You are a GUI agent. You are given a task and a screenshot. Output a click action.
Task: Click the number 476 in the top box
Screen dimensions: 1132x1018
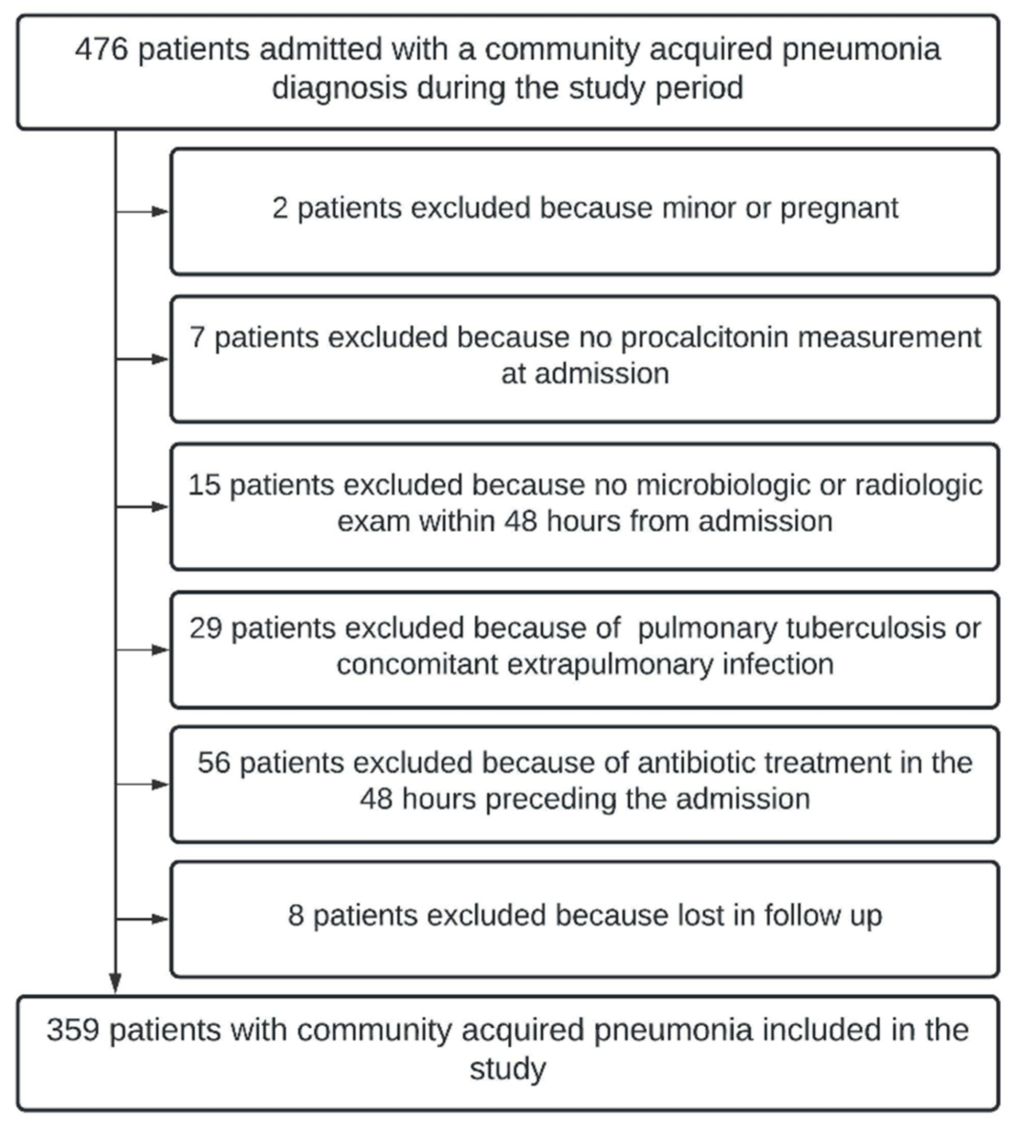pos(101,49)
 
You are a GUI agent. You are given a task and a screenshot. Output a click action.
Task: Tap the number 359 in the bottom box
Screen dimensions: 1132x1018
pos(73,1030)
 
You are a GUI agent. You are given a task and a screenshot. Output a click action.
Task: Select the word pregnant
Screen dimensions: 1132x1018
pos(839,209)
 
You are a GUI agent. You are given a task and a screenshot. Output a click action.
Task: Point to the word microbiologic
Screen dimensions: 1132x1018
pos(723,485)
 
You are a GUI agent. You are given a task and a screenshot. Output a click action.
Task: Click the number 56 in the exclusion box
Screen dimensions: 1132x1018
pos(214,763)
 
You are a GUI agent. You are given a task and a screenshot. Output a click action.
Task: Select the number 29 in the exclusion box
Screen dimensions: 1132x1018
pos(206,628)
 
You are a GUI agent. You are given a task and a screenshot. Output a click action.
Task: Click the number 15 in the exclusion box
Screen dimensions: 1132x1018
pos(204,485)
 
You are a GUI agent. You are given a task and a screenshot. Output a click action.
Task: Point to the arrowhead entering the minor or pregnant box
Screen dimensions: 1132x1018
pos(161,211)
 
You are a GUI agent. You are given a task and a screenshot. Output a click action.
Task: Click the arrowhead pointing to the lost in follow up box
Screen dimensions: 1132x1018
pos(161,919)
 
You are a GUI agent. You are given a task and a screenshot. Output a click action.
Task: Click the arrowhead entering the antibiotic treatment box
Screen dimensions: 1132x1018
pos(161,785)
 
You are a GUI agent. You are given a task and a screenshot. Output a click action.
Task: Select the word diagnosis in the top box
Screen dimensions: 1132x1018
pos(339,88)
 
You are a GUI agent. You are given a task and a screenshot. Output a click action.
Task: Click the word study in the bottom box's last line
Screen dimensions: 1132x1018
pos(507,1068)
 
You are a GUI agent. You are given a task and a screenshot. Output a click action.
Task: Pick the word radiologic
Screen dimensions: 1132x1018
pos(919,485)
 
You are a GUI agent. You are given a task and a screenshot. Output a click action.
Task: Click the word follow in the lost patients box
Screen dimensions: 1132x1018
pos(803,915)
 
